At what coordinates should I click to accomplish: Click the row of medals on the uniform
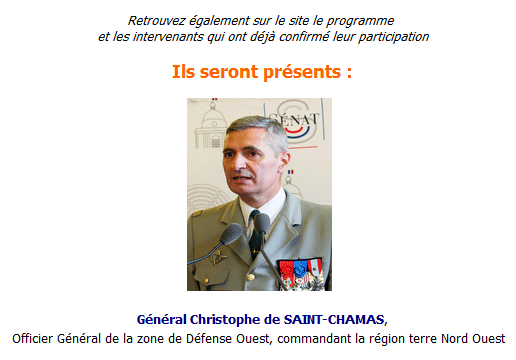(300, 269)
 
